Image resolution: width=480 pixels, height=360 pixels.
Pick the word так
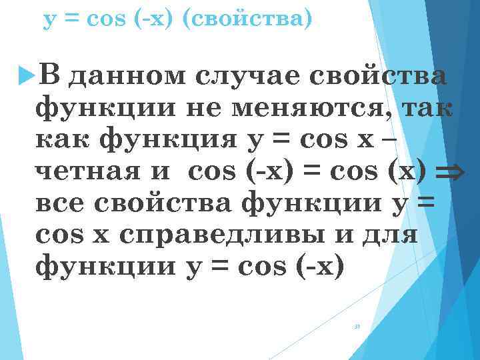tap(424, 107)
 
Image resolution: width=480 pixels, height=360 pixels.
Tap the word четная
tap(85, 171)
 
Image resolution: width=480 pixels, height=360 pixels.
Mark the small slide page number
tap(357, 327)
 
